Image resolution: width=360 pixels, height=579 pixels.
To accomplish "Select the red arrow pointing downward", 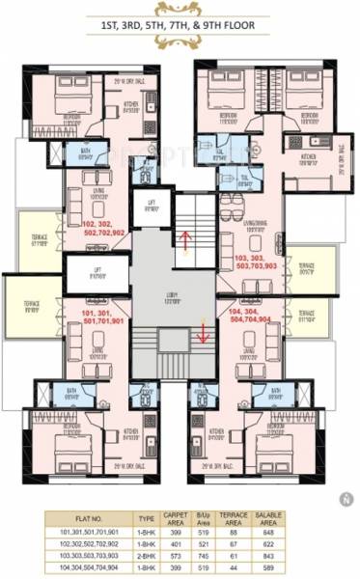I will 203,330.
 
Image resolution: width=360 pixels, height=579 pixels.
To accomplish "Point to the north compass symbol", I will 344,499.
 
